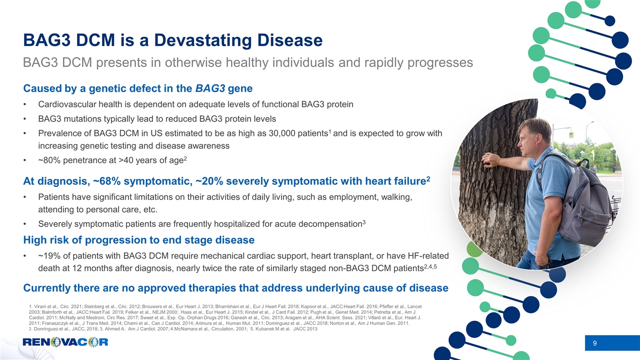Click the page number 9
tap(594, 343)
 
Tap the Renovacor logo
tap(65, 342)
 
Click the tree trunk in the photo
tap(492, 210)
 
